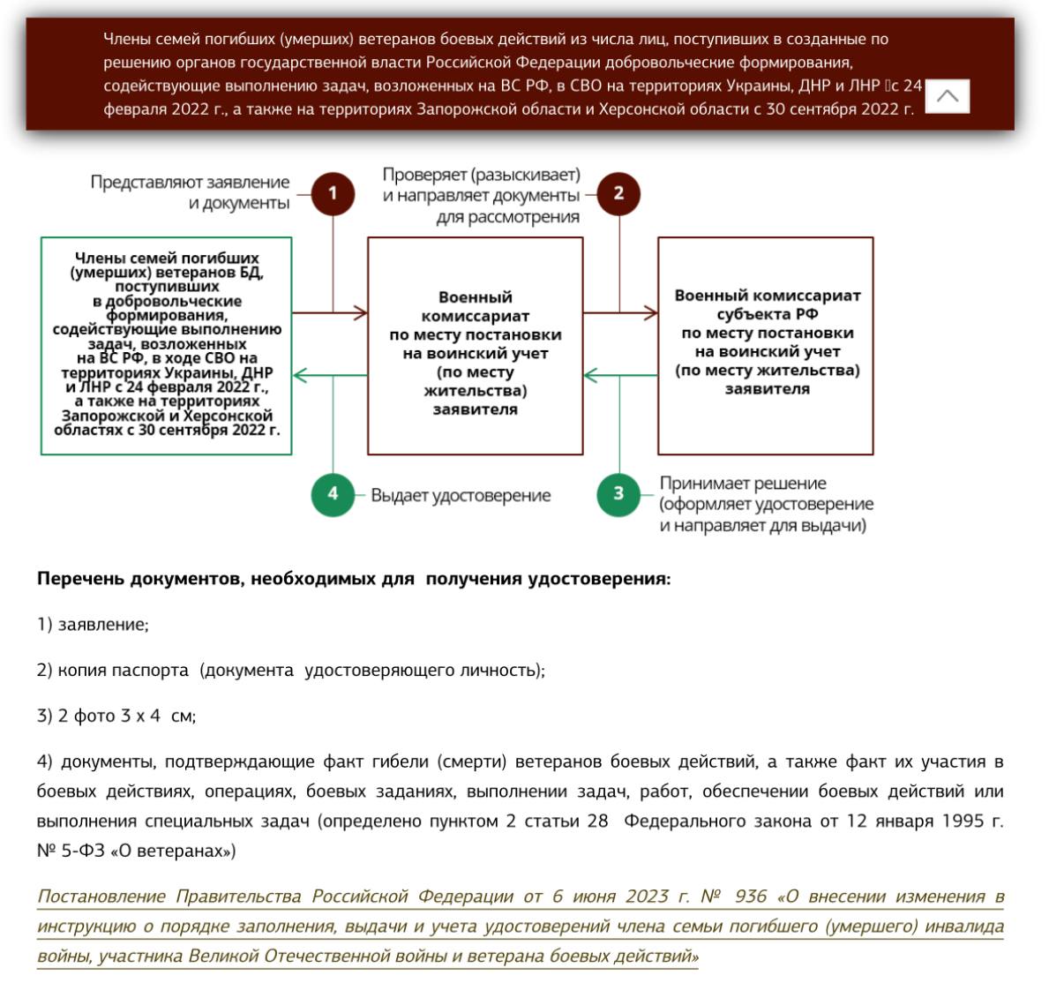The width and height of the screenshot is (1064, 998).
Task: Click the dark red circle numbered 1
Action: pos(333,193)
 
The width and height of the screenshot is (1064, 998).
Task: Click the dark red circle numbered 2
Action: pos(618,193)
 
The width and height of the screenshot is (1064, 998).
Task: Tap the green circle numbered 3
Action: pos(618,494)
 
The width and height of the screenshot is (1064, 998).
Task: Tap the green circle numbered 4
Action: pos(333,494)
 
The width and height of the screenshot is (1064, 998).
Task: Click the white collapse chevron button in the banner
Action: pos(947,96)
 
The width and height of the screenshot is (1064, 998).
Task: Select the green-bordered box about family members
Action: pos(166,345)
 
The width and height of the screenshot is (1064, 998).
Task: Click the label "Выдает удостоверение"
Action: pos(460,496)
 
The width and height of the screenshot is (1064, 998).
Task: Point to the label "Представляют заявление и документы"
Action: pos(190,192)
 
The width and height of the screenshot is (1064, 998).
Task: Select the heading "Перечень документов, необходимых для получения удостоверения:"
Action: pos(353,580)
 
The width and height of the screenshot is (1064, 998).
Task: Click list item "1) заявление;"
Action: pos(93,625)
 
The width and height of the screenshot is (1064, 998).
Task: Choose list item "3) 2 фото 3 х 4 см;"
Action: pos(116,716)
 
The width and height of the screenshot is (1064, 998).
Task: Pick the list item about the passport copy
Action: pos(290,671)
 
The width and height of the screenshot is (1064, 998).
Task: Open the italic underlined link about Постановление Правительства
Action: pos(520,927)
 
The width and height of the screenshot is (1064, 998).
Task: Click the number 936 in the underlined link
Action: pos(750,897)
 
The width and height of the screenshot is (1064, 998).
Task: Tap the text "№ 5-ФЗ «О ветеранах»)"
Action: pos(136,852)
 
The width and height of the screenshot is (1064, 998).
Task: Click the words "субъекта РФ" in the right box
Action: pos(767,314)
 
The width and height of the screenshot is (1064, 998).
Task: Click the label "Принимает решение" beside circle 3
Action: pos(743,484)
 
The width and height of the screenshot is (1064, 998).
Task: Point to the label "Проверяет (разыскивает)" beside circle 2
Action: pos(481,175)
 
